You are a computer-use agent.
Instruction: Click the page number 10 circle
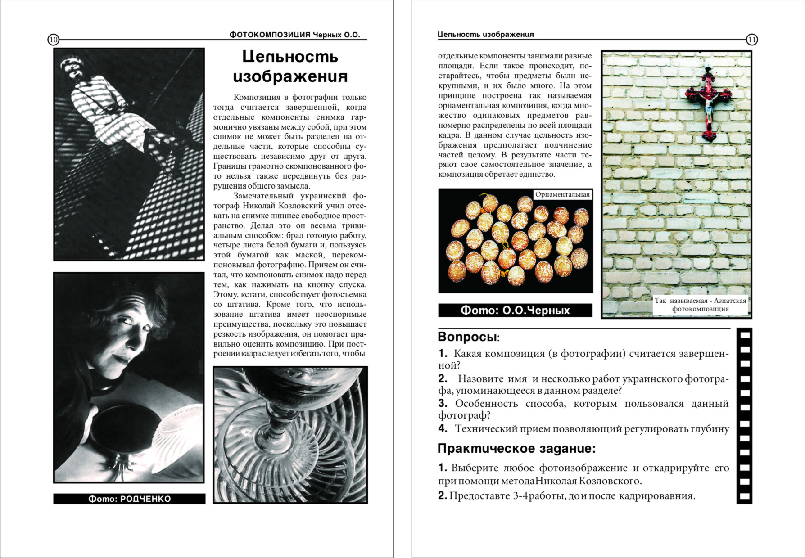coord(53,40)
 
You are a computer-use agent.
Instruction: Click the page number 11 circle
coord(752,40)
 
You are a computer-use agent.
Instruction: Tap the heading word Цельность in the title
coord(290,57)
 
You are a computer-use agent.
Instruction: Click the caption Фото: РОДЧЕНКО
coord(129,499)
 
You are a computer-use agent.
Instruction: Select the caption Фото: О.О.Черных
coord(515,310)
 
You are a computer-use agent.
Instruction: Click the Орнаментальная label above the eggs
coord(562,194)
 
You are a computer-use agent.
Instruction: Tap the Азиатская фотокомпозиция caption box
coord(700,305)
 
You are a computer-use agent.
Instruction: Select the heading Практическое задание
coord(516,449)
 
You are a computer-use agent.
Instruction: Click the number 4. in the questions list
coord(443,429)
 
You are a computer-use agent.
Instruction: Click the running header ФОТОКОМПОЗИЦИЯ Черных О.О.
coord(295,35)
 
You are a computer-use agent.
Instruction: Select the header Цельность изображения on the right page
coord(485,35)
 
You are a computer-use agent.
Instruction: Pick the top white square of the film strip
coord(745,335)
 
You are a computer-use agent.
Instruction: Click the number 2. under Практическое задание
coord(443,496)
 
